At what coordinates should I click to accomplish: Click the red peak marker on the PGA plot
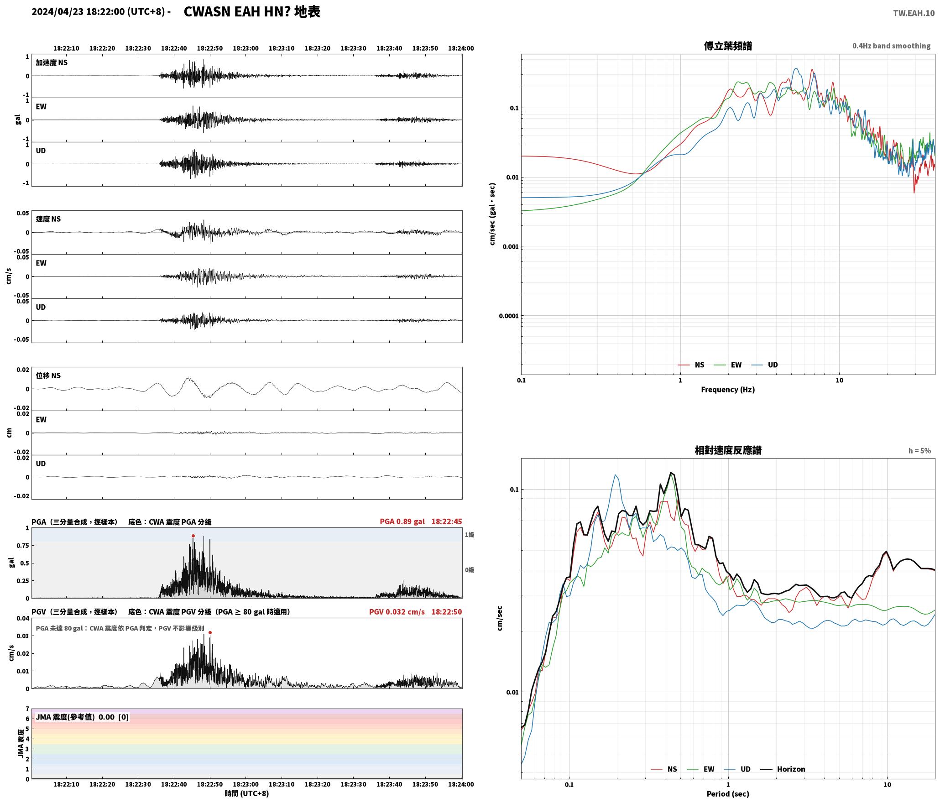(193, 536)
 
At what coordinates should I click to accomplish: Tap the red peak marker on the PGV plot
(210, 632)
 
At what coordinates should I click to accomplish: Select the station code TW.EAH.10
(914, 13)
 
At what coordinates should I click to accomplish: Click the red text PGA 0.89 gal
(402, 521)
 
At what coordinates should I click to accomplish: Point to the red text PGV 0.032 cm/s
(397, 612)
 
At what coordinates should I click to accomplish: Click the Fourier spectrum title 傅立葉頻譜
(728, 46)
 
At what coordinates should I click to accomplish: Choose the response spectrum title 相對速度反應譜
(728, 450)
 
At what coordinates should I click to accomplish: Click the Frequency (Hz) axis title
(728, 390)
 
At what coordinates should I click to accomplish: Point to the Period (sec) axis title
(728, 794)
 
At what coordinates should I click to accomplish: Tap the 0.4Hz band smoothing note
(891, 46)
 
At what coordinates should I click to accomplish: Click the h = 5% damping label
(919, 451)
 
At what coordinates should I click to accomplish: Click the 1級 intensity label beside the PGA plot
(470, 535)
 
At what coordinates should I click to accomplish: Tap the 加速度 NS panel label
(52, 63)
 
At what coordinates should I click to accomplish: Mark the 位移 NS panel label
(48, 375)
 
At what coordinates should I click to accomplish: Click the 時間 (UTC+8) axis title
(246, 793)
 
